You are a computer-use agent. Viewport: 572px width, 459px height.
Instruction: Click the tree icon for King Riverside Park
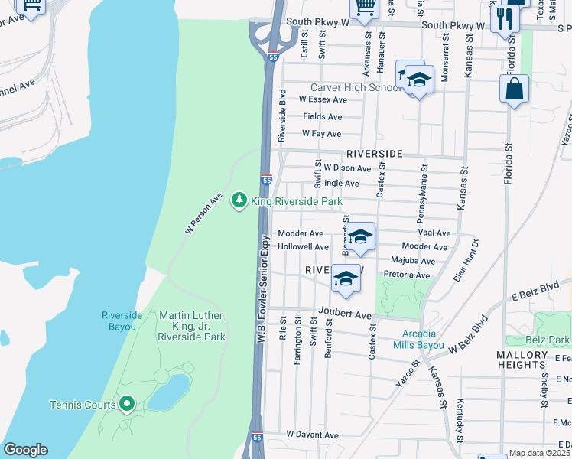[x=240, y=200]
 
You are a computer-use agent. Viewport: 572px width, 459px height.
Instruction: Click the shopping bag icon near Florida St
[x=515, y=89]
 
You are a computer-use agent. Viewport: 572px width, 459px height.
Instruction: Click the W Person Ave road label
[x=204, y=213]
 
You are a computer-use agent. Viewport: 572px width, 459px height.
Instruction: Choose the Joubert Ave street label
[x=350, y=315]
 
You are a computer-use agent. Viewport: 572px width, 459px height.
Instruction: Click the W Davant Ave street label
[x=312, y=435]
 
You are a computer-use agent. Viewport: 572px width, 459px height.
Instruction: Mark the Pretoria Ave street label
[x=406, y=275]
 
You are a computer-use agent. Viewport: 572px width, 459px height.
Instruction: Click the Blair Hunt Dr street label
[x=466, y=261]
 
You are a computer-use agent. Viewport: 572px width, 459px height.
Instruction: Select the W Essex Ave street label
[x=323, y=99]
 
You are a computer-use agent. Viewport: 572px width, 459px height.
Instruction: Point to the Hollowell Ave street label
[x=303, y=247]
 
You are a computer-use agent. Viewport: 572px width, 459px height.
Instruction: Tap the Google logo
[x=25, y=451]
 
